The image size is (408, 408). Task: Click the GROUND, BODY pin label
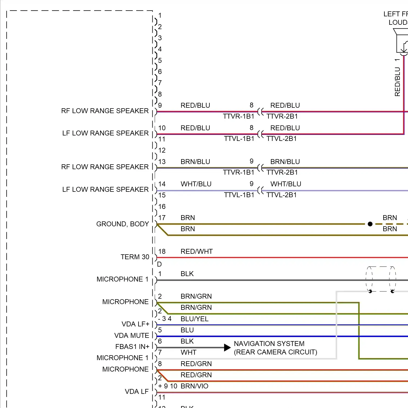(122, 224)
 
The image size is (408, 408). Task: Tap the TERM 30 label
(135, 257)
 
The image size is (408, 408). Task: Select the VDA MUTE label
(132, 335)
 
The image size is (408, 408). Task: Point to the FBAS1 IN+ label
(132, 347)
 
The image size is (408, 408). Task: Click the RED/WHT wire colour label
(197, 251)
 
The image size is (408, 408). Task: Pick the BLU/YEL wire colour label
(194, 319)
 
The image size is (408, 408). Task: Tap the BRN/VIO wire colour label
(194, 386)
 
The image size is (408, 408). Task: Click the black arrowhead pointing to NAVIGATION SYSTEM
(227, 347)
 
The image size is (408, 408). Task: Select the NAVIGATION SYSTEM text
(269, 344)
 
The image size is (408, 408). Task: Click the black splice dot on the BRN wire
(370, 224)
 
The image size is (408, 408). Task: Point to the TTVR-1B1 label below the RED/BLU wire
(239, 116)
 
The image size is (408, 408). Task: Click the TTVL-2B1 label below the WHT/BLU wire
(282, 195)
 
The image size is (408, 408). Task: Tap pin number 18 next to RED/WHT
(162, 251)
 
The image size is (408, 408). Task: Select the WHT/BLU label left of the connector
(196, 184)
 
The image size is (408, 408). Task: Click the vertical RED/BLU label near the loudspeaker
(397, 82)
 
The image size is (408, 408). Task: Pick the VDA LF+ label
(135, 324)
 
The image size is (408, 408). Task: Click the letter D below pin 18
(159, 264)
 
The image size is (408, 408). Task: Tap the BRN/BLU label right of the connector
(285, 162)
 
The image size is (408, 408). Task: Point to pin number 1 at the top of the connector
(160, 16)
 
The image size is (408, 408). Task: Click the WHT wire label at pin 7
(188, 352)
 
